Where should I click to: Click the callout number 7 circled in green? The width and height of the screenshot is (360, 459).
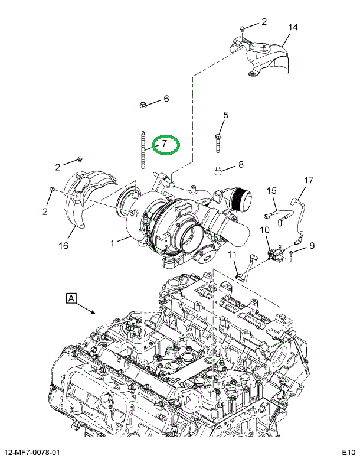[x=166, y=144]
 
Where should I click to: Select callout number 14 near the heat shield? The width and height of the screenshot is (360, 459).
[x=293, y=27]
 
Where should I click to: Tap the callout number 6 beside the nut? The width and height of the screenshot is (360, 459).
[x=166, y=99]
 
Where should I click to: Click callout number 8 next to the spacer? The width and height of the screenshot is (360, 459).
[x=240, y=164]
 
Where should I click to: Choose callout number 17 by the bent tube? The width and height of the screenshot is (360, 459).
[x=309, y=180]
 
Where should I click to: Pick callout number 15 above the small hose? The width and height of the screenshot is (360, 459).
[x=271, y=190]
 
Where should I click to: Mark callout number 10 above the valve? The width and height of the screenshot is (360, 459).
[x=264, y=230]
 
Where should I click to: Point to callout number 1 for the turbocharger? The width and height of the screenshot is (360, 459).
[x=112, y=241]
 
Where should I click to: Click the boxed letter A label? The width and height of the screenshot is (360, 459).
[x=71, y=298]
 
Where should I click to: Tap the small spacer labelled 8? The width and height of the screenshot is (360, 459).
[x=218, y=172]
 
